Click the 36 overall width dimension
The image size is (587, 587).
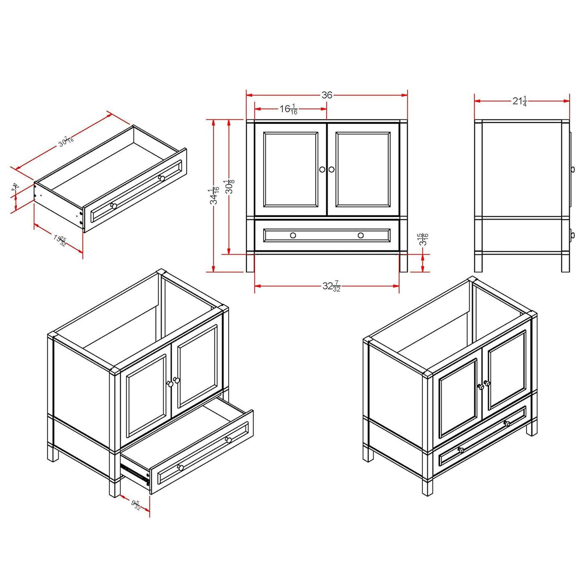coord(327,95)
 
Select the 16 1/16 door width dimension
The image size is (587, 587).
coord(289,109)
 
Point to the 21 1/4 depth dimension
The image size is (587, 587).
coord(520,101)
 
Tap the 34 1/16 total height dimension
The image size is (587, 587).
coord(214,195)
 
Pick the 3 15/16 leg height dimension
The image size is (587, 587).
coord(424,239)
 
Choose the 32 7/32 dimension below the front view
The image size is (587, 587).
coord(331,286)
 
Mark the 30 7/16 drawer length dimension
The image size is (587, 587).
coord(66,141)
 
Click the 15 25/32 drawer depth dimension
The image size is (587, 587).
coord(59,240)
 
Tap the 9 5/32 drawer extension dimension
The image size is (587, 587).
coord(135,505)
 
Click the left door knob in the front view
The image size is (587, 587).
coord(322,169)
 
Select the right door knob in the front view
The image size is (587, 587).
coord(331,169)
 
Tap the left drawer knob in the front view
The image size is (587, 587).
coord(293,235)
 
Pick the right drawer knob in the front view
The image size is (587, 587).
coord(361,235)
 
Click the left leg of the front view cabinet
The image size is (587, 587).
coord(250,263)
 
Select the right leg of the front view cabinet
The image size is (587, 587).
coord(403,263)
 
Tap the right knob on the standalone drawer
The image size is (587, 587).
coord(161,178)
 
